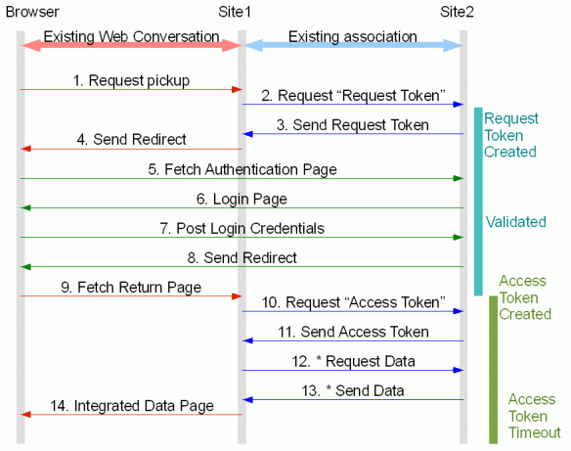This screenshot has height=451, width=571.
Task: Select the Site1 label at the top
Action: (236, 12)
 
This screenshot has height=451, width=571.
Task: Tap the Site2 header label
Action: (461, 12)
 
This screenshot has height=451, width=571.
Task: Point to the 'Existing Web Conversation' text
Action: (132, 37)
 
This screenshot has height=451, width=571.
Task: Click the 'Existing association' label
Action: (353, 37)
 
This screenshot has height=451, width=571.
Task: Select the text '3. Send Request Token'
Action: (351, 124)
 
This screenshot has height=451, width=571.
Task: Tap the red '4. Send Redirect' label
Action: (131, 140)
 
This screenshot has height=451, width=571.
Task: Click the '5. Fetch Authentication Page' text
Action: (242, 169)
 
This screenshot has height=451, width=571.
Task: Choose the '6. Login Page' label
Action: (242, 199)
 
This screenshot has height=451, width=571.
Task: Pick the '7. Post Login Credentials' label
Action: (242, 228)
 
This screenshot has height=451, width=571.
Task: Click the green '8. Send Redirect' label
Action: (242, 257)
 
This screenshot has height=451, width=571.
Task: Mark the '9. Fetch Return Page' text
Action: (131, 287)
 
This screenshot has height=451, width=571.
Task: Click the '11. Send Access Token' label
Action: (351, 332)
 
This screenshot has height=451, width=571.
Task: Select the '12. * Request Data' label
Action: (351, 361)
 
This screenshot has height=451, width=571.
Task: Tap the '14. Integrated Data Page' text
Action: (131, 405)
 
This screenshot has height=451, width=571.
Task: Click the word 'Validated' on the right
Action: (515, 222)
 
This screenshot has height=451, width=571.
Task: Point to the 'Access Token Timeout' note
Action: (533, 415)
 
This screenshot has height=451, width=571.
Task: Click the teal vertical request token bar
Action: (479, 201)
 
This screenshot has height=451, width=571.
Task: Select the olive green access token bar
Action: (494, 367)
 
